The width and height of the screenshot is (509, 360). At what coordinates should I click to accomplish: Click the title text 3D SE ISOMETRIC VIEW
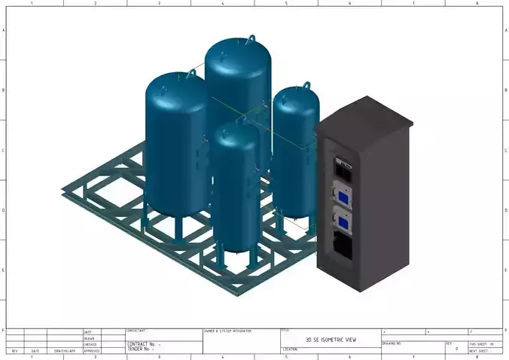pos(331,340)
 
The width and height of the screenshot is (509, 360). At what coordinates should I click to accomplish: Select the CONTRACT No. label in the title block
pos(142,343)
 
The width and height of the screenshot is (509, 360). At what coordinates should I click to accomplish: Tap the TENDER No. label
pos(140,349)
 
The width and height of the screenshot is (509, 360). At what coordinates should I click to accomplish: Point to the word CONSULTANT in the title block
pos(136,331)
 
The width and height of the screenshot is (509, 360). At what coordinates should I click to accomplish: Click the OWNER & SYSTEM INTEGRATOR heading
pos(227,331)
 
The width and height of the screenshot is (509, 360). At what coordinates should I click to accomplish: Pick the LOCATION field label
pos(291,349)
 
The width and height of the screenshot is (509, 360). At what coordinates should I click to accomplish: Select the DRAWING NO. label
pos(392,343)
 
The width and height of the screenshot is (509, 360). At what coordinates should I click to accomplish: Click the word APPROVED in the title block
pos(91,351)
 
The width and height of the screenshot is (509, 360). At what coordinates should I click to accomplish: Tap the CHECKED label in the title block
pos(90,345)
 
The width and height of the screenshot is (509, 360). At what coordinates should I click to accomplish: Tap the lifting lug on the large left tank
pos(190,74)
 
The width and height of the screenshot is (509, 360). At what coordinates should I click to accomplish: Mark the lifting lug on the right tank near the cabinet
pos(307,87)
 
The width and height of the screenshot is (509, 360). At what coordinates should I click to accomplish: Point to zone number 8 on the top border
pos(477,4)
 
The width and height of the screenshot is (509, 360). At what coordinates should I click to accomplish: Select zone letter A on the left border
pos(4,30)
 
